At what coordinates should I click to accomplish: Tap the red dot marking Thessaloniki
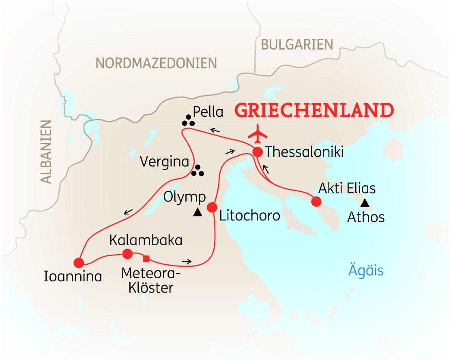point(258,152)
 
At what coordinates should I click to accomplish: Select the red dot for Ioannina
point(79,262)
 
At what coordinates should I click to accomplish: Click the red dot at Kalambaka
point(127,254)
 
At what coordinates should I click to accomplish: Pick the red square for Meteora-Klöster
point(146,258)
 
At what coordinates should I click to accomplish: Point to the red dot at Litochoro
point(212,207)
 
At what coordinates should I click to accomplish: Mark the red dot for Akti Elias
point(316,201)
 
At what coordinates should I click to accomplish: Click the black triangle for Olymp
point(198,212)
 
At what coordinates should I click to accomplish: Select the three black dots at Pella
point(188,121)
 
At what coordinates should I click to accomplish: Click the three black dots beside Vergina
point(198,171)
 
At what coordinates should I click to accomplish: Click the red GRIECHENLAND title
point(314,110)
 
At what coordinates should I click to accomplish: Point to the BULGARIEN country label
point(297,44)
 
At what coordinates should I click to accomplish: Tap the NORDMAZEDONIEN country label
point(156,63)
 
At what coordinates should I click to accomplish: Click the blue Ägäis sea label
point(366,270)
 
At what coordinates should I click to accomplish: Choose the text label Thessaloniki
point(305,152)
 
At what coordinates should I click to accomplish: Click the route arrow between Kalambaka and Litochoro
point(187,261)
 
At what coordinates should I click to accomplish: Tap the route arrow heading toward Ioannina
point(128,212)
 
